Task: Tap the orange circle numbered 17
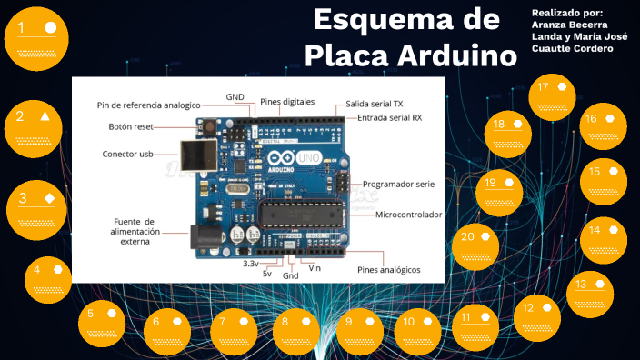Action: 554,96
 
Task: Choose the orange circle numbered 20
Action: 477,246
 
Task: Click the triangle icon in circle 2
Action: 45,116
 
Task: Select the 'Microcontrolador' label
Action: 409,215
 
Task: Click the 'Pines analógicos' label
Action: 388,270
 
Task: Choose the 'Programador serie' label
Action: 398,184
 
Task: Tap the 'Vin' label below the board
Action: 315,267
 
